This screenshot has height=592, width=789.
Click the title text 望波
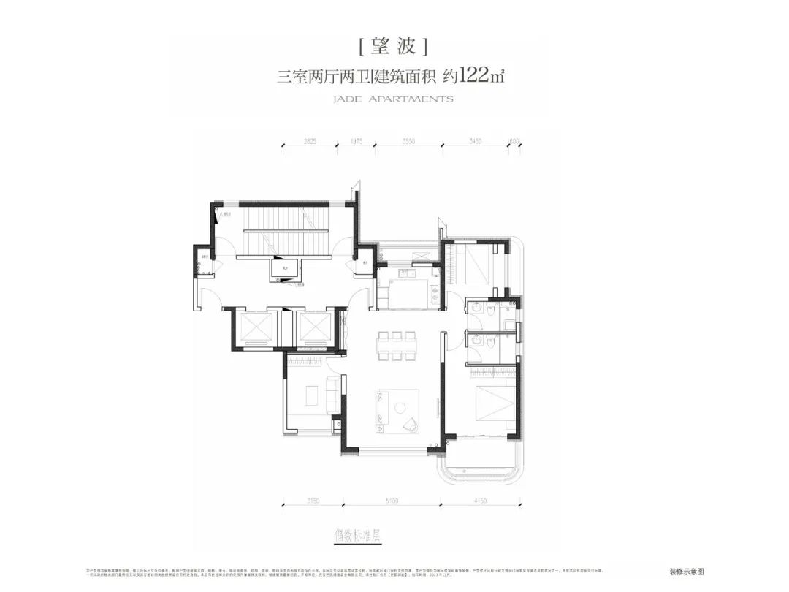pos(394,47)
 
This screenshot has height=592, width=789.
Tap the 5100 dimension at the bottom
pos(392,501)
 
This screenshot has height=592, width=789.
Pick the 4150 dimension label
pos(480,501)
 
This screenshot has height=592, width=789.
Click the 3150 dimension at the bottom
pos(313,501)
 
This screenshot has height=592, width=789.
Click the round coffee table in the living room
pos(402,406)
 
